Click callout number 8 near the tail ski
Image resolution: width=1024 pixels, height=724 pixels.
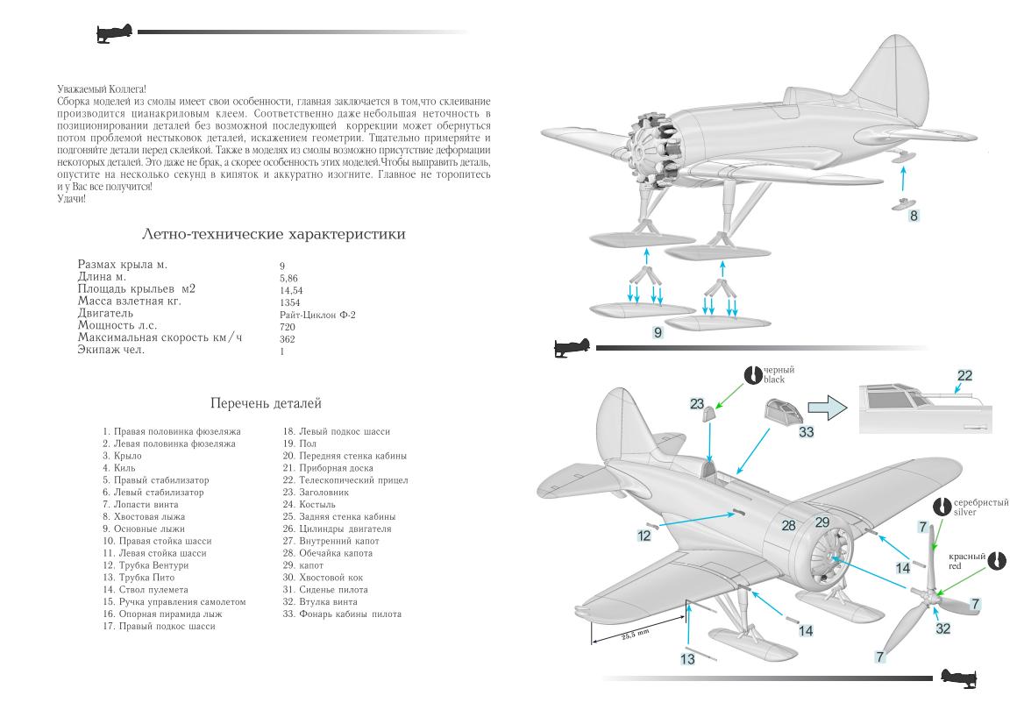pos(914,216)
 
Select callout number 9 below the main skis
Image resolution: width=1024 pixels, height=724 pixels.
pos(658,332)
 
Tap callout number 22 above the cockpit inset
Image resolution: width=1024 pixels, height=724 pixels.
pos(964,376)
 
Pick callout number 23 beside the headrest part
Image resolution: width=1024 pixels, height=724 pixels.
pos(697,404)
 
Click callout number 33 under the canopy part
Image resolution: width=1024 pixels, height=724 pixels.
pos(807,431)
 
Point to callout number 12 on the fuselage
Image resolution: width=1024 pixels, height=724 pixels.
pos(644,535)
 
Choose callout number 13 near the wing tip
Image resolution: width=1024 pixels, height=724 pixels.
pos(687,658)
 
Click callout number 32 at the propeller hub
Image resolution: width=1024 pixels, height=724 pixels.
pos(943,628)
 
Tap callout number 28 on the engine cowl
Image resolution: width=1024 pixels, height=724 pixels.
pos(789,525)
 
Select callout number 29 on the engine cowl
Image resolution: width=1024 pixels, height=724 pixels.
pos(822,522)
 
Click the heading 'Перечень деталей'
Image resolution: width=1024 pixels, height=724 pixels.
pos(266,404)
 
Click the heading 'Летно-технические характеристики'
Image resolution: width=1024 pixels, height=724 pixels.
pos(274,235)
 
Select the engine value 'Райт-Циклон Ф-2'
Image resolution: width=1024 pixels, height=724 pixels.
pos(313,314)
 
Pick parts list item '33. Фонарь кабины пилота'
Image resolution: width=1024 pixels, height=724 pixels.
pos(342,614)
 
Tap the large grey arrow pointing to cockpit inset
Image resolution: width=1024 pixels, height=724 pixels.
pos(827,408)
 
